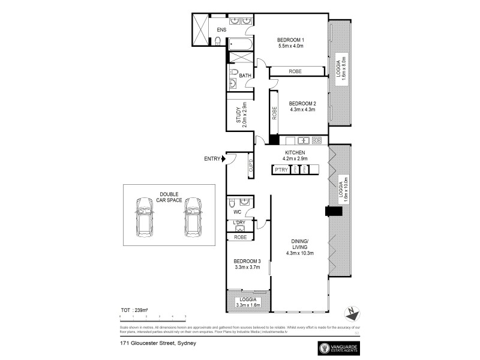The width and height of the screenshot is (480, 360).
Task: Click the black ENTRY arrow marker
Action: pos(224,159)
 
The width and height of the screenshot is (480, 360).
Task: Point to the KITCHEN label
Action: pos(295,153)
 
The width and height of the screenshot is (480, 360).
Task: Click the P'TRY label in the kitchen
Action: pos(281,170)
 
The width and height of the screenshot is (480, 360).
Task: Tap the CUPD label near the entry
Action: pos(251,169)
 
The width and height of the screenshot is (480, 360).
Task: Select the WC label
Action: pos(237,212)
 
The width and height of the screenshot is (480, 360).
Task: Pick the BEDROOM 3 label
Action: pos(247,261)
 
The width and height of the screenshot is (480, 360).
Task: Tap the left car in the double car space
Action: pos(145,217)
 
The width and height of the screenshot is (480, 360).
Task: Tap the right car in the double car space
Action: pos(193,217)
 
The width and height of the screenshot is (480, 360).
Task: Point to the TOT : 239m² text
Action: pos(133,310)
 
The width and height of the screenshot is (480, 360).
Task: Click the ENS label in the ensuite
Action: pos(221,29)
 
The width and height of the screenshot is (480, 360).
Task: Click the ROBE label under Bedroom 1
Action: pos(295,71)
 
